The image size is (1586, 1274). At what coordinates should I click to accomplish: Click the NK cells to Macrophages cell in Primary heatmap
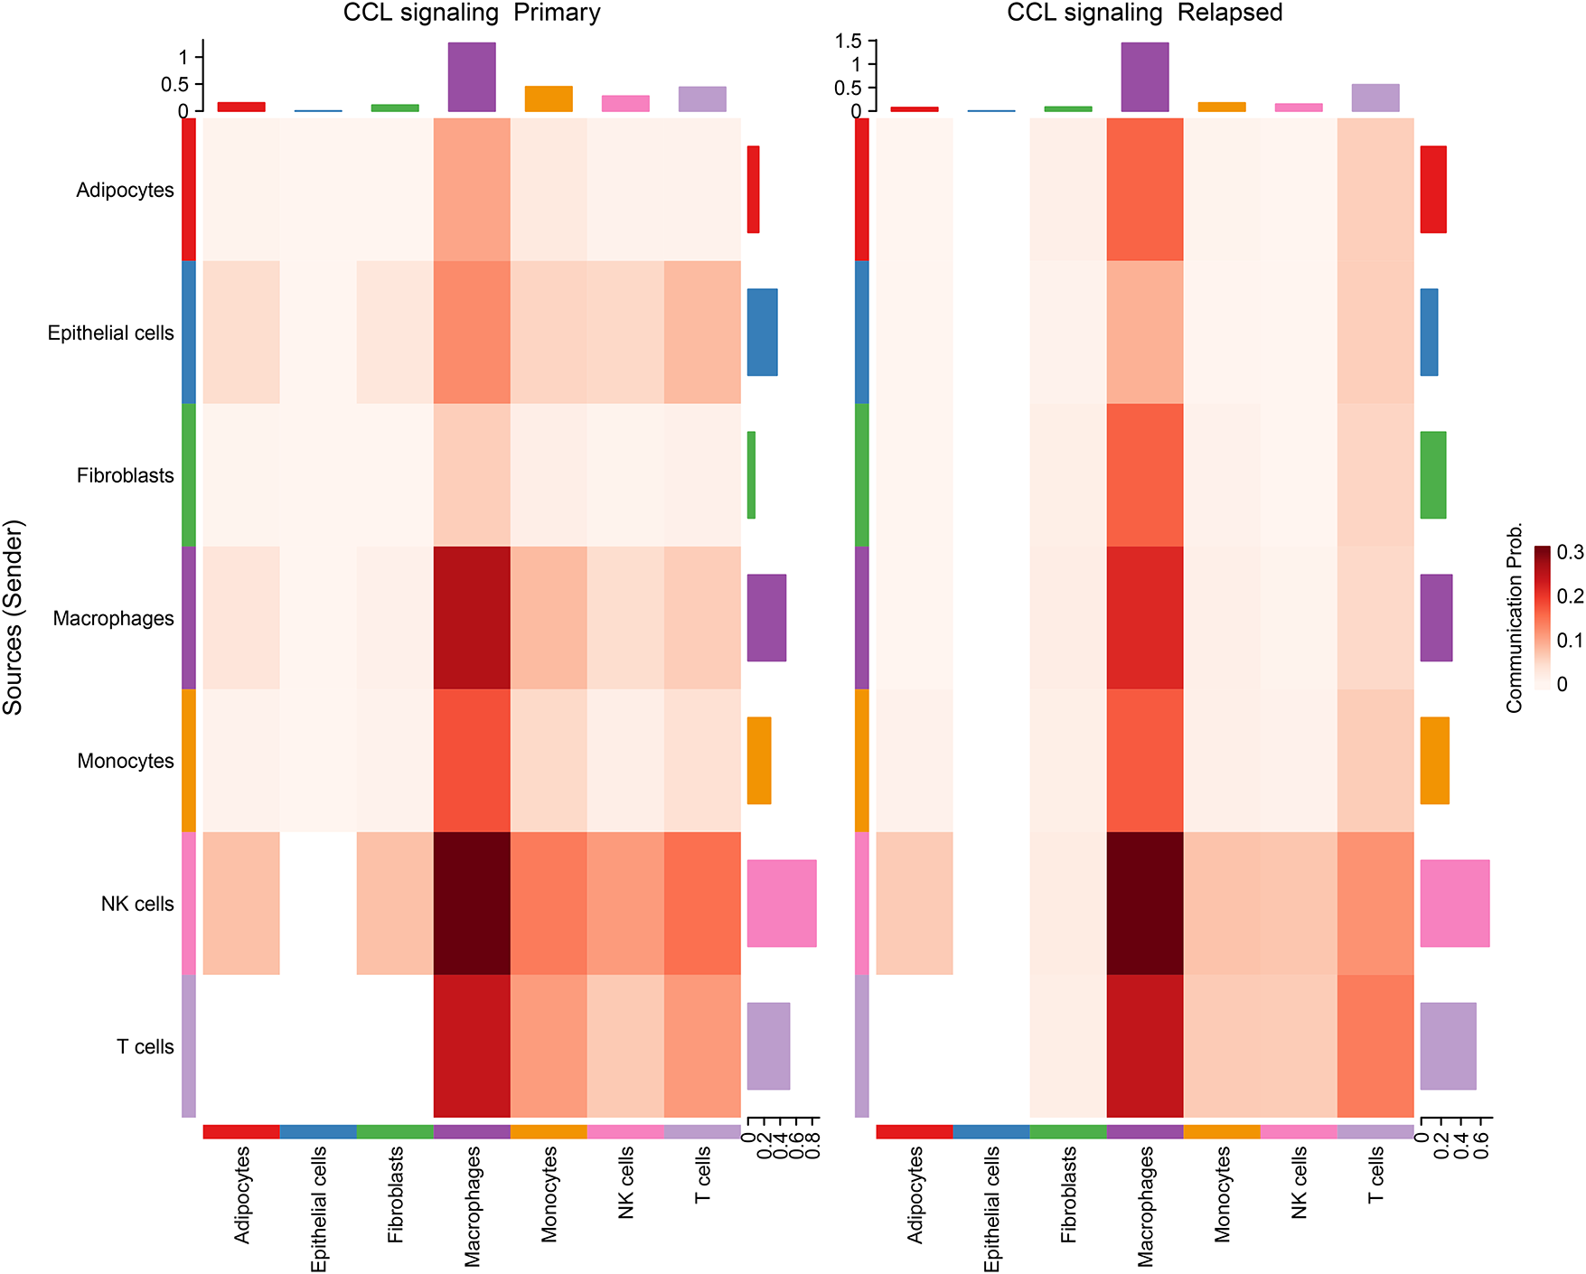pyautogui.click(x=472, y=903)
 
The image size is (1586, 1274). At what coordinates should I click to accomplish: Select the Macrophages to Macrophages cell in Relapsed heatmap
pyautogui.click(x=1144, y=617)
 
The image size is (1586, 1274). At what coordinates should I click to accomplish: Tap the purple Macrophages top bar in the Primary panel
pyautogui.click(x=472, y=77)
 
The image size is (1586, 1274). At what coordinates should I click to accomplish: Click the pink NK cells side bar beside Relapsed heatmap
pyautogui.click(x=1454, y=903)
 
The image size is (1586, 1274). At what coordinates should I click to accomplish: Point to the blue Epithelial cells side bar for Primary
pyautogui.click(x=762, y=332)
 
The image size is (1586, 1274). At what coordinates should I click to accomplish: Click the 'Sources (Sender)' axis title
pyautogui.click(x=14, y=617)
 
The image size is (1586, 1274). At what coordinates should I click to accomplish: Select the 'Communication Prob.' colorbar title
pyautogui.click(x=1515, y=617)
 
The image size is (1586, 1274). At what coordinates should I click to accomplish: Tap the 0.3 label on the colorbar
pyautogui.click(x=1570, y=553)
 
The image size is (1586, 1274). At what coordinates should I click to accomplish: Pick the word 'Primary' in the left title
pyautogui.click(x=557, y=13)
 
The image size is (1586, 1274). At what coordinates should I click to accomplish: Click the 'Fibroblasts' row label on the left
pyautogui.click(x=125, y=475)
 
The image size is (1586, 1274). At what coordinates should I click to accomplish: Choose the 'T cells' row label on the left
pyautogui.click(x=145, y=1046)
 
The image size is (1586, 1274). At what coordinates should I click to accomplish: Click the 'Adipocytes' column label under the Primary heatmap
pyautogui.click(x=241, y=1194)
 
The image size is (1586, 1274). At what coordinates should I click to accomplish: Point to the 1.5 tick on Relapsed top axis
pyautogui.click(x=849, y=41)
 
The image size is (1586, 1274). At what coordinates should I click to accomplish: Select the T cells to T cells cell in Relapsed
pyautogui.click(x=1375, y=1046)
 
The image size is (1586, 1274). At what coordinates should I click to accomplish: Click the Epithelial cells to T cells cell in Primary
pyautogui.click(x=702, y=332)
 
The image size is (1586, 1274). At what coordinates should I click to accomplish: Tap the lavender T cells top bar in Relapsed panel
pyautogui.click(x=1375, y=98)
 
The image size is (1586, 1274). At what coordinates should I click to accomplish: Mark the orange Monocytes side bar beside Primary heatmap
pyautogui.click(x=759, y=760)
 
